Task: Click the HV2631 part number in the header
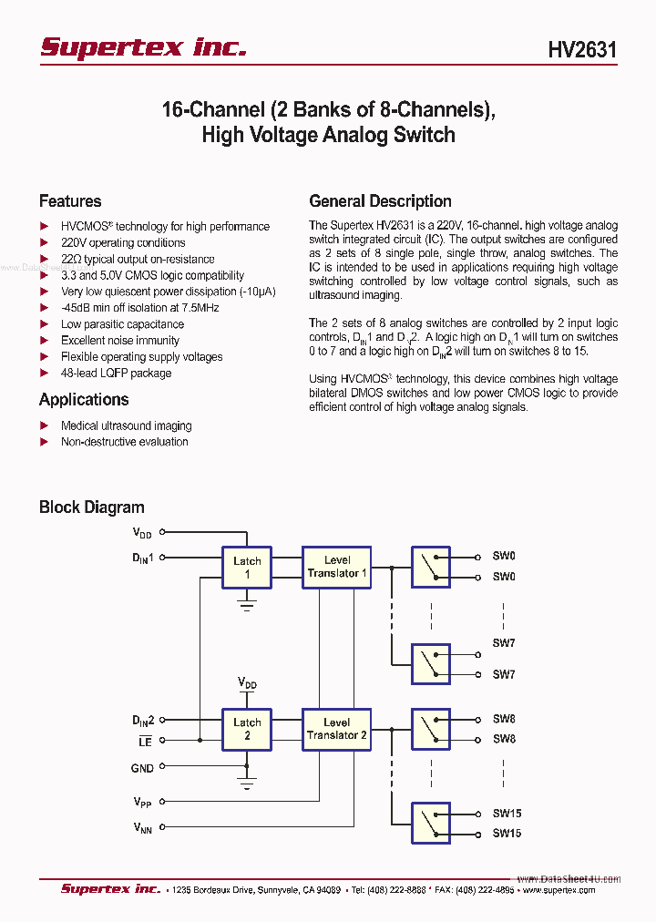[582, 49]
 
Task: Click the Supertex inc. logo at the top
[143, 47]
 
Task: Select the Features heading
[70, 201]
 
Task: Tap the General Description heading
[380, 201]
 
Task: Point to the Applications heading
[84, 399]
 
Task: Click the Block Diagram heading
[91, 507]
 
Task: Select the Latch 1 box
[247, 568]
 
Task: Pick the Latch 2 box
[247, 729]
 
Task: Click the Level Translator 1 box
[336, 567]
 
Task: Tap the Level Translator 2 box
[336, 729]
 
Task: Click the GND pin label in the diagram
[142, 768]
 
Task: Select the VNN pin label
[142, 827]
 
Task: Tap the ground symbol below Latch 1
[247, 603]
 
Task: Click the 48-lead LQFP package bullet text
[116, 373]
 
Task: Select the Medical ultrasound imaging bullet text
[126, 425]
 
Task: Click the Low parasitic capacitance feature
[122, 324]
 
